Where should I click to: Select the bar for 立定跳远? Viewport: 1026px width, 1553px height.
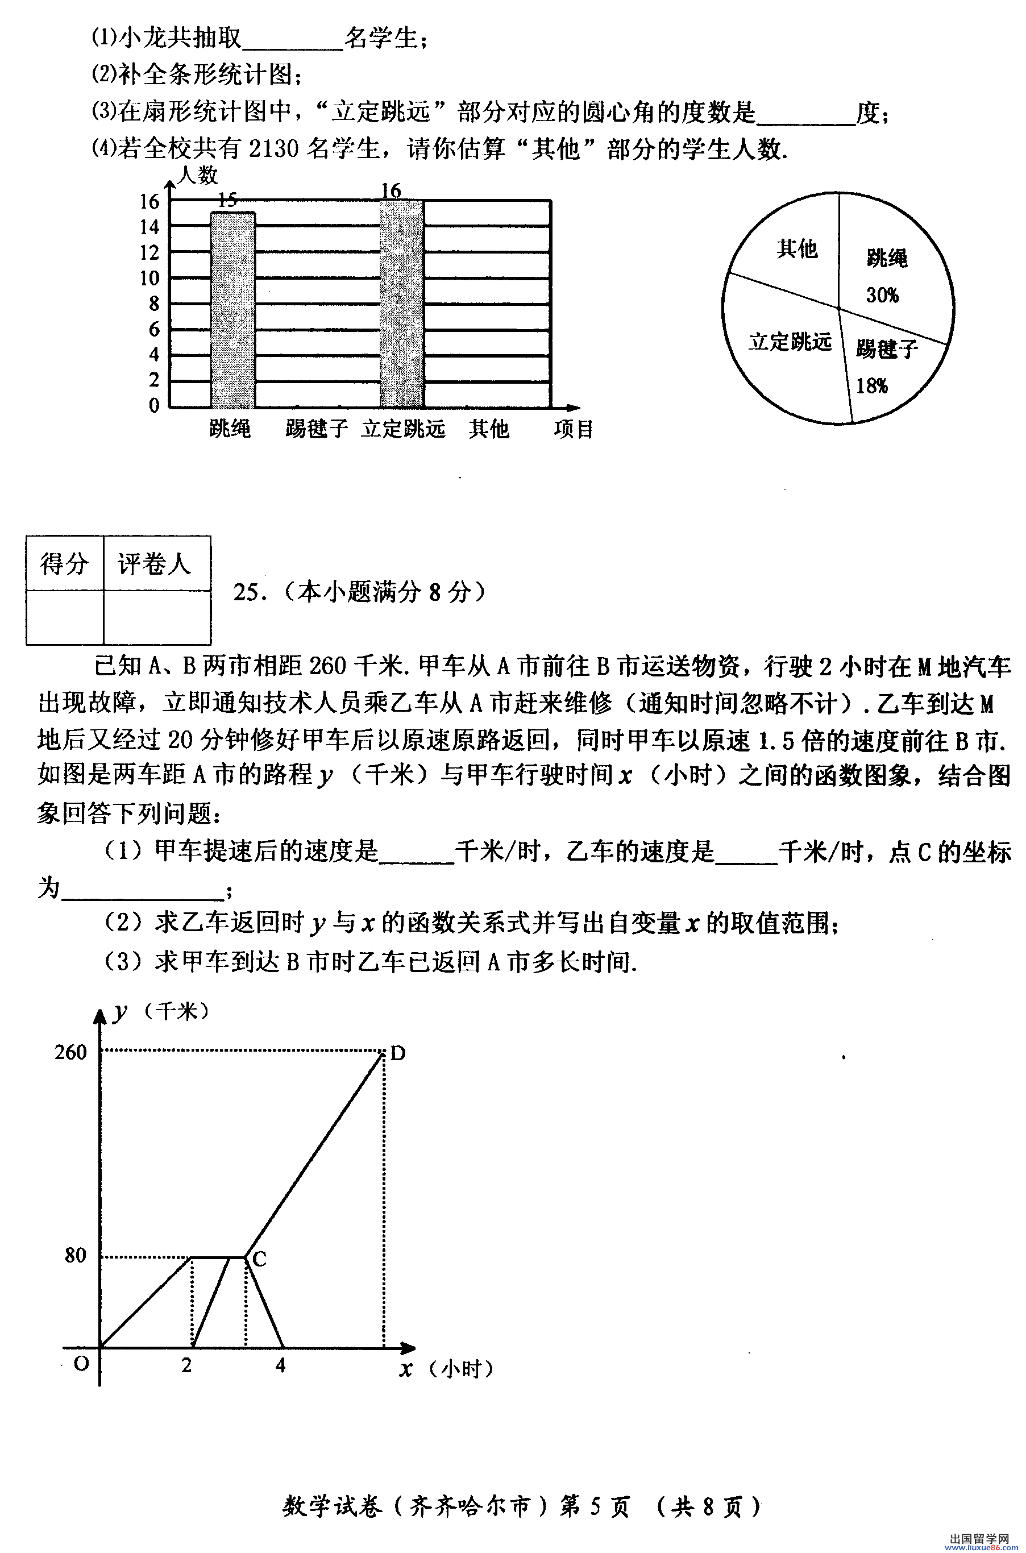tap(401, 304)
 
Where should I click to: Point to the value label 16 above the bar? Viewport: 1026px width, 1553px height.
tap(391, 190)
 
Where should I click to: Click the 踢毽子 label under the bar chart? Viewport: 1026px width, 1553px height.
tap(316, 429)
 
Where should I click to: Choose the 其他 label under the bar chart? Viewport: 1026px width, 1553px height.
tap(488, 429)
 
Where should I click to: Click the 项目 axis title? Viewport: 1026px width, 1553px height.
tap(573, 429)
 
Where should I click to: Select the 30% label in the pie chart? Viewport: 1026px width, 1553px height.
tap(882, 295)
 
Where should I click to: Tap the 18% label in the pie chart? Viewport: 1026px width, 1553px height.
tap(871, 386)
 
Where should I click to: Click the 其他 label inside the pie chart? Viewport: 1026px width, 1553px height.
tap(797, 248)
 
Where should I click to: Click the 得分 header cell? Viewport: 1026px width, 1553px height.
tap(64, 563)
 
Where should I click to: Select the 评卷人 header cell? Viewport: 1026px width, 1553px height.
tap(155, 563)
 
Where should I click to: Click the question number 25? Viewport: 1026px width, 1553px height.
tap(247, 592)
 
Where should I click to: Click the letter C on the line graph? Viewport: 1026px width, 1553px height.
tap(259, 1259)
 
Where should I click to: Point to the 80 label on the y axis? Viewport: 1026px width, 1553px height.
tap(75, 1255)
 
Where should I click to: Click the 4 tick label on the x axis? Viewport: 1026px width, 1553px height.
tap(281, 1365)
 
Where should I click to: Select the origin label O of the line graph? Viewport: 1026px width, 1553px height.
tap(81, 1364)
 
